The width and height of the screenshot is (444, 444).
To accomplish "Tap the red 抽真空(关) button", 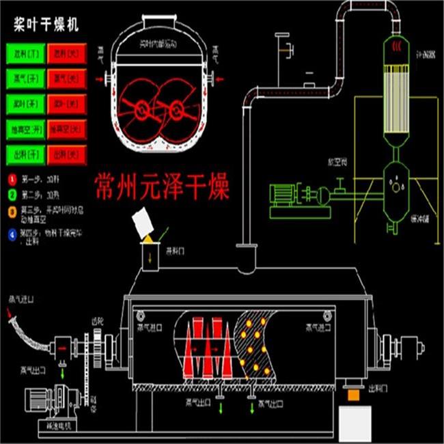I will (x=67, y=128).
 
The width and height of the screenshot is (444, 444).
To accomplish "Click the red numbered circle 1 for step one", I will (x=12, y=179).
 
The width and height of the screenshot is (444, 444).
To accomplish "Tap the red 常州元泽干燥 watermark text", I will (x=162, y=185).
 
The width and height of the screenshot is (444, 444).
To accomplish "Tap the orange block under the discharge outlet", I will (x=354, y=395).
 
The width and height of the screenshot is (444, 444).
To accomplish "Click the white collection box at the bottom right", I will (x=361, y=424).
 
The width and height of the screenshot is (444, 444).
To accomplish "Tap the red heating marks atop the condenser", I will (x=396, y=46).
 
